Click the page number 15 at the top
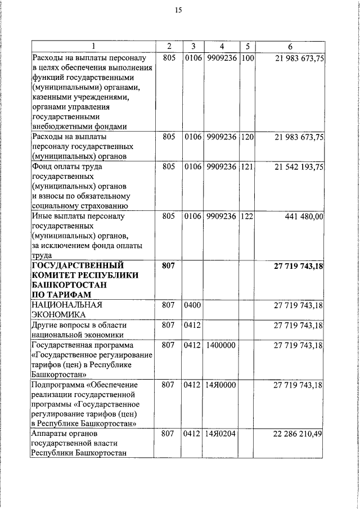179,10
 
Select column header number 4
222,46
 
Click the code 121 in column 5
247,167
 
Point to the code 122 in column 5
247,216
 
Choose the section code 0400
192,305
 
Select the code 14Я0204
220,435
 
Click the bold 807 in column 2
169,265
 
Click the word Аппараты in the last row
49,435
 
